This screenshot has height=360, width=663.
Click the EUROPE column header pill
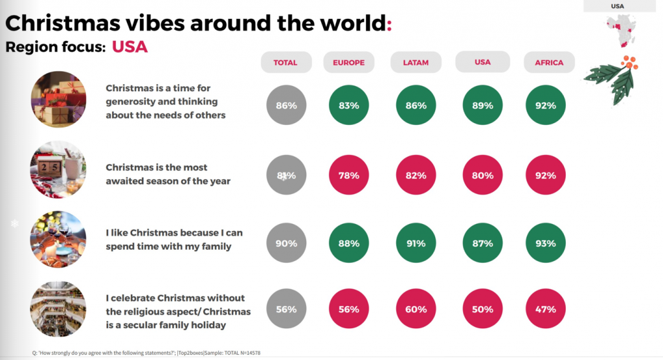(348, 63)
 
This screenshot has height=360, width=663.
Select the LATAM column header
(416, 63)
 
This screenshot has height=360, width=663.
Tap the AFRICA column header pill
(549, 63)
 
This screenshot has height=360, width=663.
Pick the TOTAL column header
(286, 63)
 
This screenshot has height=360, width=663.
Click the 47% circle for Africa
(546, 309)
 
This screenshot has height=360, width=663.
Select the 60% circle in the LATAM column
(415, 309)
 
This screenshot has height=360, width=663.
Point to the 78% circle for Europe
(348, 175)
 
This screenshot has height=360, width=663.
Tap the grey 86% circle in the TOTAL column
(286, 105)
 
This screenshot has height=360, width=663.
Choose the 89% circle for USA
(482, 105)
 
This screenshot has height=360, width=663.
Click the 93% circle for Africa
(546, 243)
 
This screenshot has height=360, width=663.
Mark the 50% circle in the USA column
(482, 309)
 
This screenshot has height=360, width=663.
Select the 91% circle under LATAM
(415, 243)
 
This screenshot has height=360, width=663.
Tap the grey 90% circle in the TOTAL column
(286, 243)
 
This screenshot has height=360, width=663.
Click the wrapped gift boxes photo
(58, 100)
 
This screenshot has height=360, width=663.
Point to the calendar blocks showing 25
(52, 167)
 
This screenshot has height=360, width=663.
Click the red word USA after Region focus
(129, 47)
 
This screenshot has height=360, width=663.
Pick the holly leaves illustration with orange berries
(612, 76)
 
